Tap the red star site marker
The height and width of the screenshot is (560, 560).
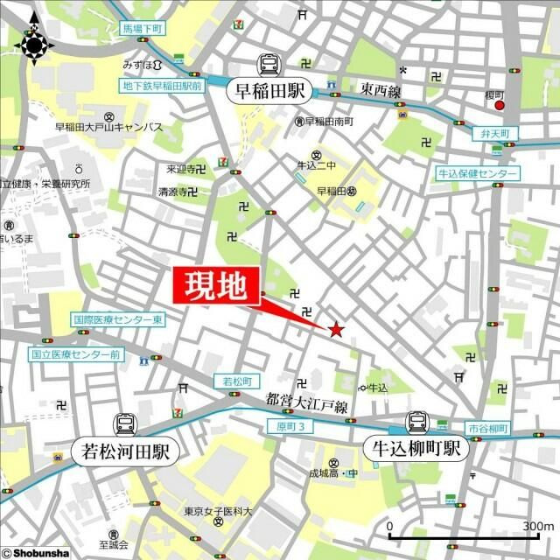[335, 330]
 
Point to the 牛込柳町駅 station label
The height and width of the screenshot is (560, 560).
[413, 451]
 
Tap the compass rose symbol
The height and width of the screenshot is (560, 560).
[35, 44]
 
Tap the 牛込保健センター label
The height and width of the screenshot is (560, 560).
[478, 174]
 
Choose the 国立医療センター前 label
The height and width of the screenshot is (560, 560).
[75, 355]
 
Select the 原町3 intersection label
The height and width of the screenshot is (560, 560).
[289, 426]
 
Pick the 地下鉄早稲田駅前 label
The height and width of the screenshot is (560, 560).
[162, 86]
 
